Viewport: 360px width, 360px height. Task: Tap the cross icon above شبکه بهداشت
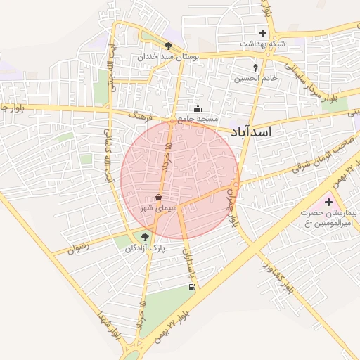coord(262,33)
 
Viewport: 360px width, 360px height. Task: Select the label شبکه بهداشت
coord(262,44)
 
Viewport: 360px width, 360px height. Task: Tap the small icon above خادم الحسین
coord(255,68)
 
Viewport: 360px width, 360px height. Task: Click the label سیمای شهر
coord(156,208)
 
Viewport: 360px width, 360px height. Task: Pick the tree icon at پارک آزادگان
coord(146,238)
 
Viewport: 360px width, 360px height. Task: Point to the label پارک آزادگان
coord(145,248)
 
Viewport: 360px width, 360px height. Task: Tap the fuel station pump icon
coord(191,287)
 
